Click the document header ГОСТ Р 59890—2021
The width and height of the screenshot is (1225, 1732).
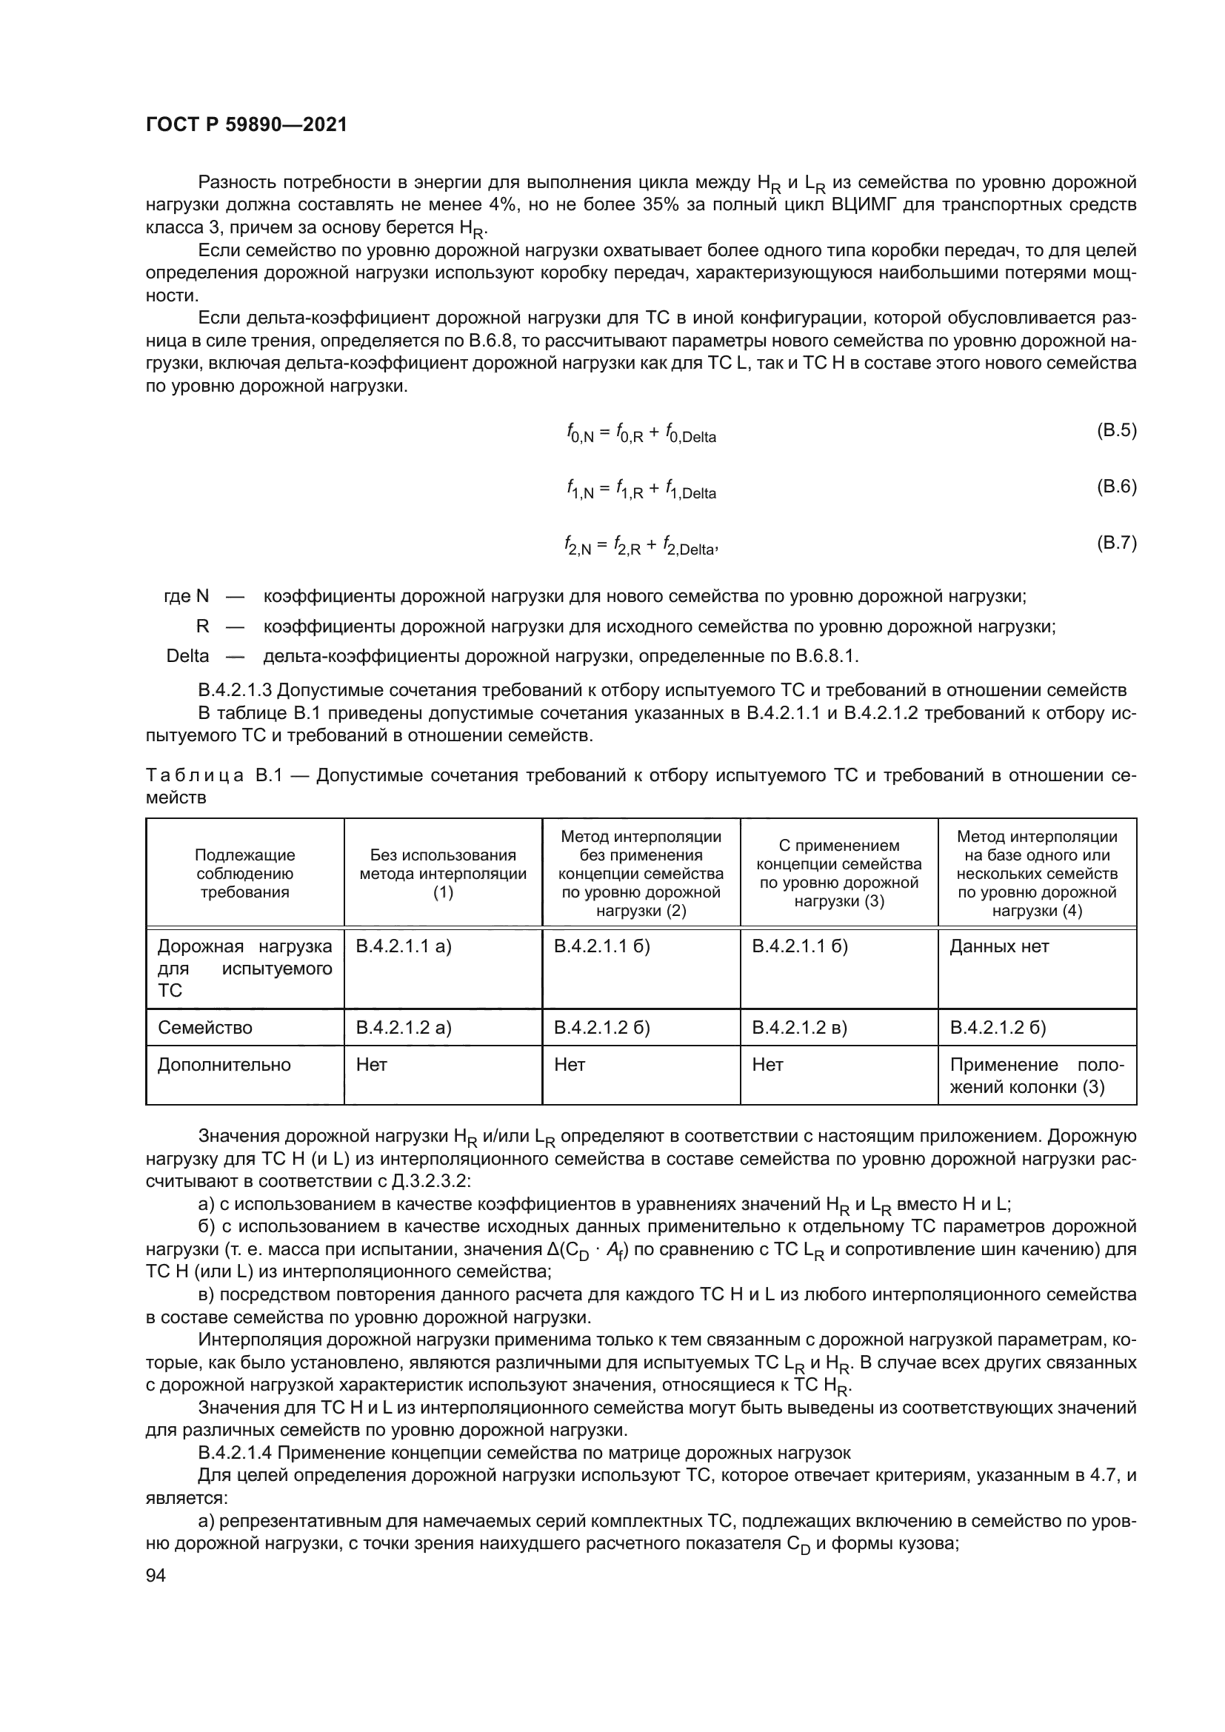(246, 125)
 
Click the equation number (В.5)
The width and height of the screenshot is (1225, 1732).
(1115, 431)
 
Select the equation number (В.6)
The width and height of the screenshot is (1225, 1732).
(1115, 487)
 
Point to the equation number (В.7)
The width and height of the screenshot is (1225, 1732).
(1115, 542)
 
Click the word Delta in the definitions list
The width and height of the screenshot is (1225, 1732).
(187, 656)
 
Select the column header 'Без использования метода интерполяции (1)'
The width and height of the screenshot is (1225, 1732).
(443, 874)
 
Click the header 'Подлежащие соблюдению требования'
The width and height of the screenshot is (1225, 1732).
(244, 874)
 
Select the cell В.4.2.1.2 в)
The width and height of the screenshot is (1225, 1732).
(800, 1028)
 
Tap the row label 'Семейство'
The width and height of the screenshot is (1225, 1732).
(204, 1028)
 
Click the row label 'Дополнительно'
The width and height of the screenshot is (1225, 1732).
(223, 1064)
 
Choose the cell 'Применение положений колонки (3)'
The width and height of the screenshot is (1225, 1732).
(1036, 1076)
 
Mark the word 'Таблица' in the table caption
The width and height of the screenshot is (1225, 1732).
(195, 775)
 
